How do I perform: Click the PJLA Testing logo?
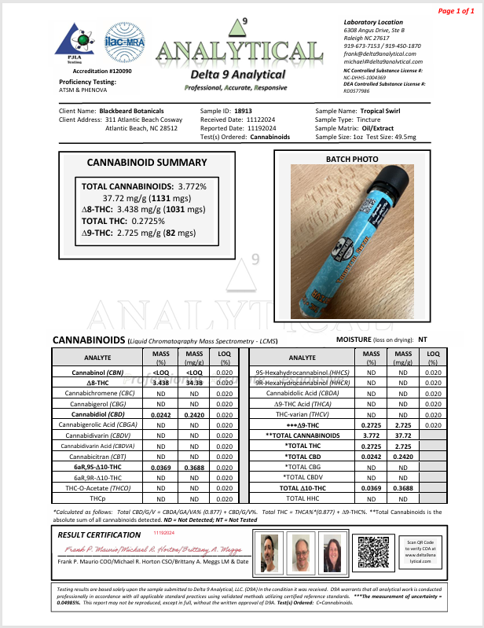coord(78,42)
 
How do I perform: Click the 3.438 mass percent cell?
coord(160,381)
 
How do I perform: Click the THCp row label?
coord(97,498)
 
